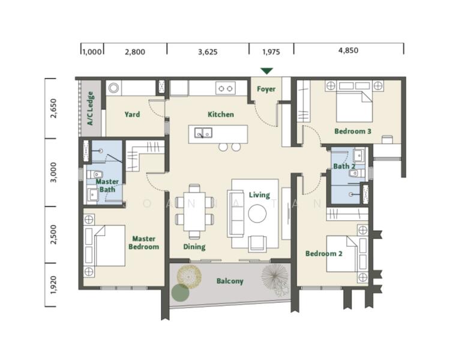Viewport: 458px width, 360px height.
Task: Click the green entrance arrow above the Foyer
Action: point(267,71)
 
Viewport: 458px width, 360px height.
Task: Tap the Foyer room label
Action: point(266,89)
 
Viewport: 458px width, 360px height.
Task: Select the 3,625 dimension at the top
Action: point(208,52)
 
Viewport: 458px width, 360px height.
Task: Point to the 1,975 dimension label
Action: point(271,52)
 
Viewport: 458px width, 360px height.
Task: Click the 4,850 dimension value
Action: point(348,50)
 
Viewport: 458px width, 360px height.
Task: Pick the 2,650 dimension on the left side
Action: point(53,109)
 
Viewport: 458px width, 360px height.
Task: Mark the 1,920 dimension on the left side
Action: point(53,284)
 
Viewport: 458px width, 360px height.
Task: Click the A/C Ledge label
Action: point(91,109)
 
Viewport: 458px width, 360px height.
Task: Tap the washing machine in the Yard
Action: point(113,88)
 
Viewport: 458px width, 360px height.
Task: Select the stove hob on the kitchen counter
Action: point(226,88)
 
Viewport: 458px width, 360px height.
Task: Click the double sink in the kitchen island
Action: point(203,133)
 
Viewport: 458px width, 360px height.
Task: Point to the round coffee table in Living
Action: point(258,214)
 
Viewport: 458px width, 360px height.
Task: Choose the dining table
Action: point(194,211)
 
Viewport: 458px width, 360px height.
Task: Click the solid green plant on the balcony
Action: point(180,293)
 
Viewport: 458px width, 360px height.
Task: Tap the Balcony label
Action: point(230,281)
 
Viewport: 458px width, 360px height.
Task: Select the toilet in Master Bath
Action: point(94,175)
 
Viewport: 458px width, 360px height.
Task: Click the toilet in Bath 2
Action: point(357,173)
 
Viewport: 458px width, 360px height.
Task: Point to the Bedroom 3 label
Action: point(353,131)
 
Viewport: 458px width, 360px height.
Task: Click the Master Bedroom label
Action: point(143,242)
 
